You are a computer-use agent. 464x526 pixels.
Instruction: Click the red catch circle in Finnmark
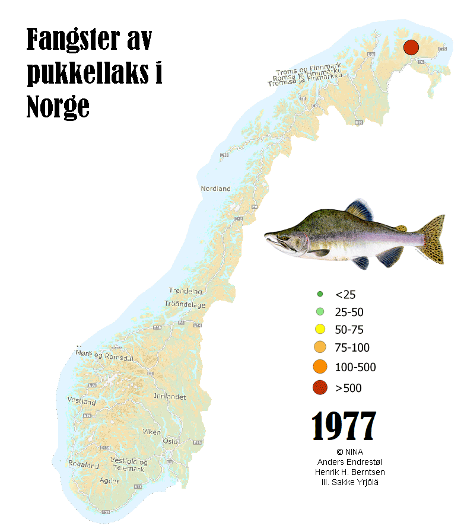pos(411,47)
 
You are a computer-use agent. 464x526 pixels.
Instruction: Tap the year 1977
pos(344,426)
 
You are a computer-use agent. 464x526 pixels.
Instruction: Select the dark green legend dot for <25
pos(320,294)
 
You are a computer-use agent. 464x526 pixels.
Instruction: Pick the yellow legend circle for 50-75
pos(320,330)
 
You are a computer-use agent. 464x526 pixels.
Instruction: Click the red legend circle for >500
pos(320,388)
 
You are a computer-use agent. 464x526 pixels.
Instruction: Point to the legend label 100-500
pos(355,367)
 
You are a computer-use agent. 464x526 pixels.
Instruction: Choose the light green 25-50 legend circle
pos(320,312)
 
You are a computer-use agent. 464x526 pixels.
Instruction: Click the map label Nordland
pos(215,189)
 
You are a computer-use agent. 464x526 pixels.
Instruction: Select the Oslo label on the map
pos(170,441)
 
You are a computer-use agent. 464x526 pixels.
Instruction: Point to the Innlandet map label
pos(170,396)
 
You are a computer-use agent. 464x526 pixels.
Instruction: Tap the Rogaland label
pos(83,465)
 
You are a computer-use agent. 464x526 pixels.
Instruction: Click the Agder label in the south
pos(110,480)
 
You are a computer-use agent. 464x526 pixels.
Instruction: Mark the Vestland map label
pos(81,401)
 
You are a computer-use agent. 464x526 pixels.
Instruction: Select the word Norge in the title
pos(58,107)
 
